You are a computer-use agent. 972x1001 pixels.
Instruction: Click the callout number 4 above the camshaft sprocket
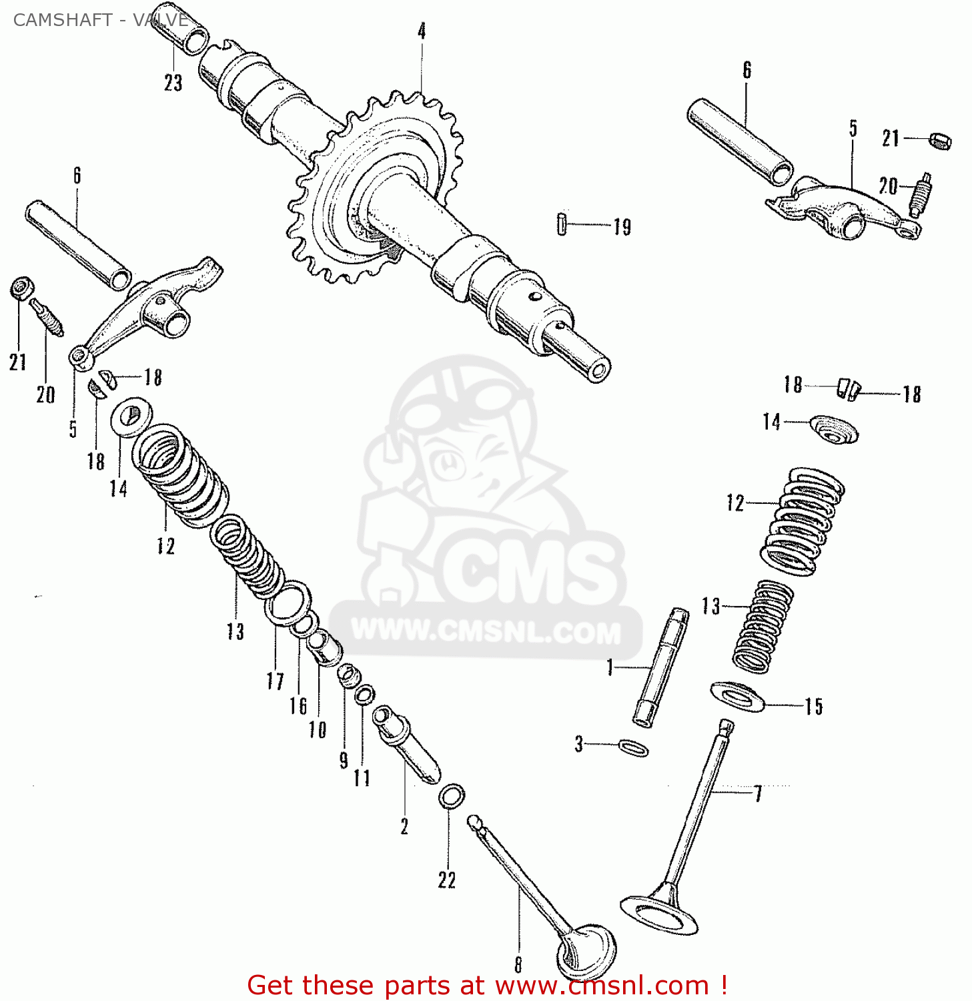422,31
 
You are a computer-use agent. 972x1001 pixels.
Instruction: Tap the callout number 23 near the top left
173,83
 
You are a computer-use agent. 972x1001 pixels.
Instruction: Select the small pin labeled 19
562,224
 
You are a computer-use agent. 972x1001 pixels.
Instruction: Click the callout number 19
622,227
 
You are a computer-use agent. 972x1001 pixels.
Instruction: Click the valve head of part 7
659,912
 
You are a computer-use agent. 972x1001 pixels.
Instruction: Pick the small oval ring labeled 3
633,747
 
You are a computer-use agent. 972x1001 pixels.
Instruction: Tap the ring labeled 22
452,796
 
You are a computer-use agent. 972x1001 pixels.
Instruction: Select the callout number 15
813,706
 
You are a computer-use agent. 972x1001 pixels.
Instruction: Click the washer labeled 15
737,696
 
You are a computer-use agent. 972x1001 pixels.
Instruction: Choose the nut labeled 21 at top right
941,141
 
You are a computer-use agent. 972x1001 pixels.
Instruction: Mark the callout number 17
275,681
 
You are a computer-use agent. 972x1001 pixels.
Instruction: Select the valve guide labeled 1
660,667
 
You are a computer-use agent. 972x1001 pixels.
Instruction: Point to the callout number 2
404,826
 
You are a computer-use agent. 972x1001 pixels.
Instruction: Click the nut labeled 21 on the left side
21,288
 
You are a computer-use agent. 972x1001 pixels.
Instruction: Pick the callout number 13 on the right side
711,606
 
